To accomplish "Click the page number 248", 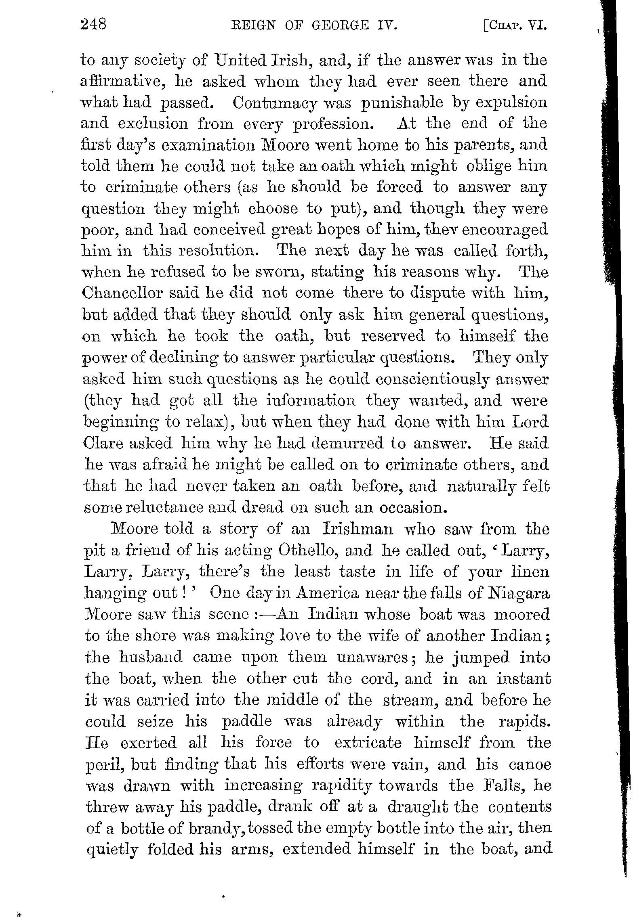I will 93,25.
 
